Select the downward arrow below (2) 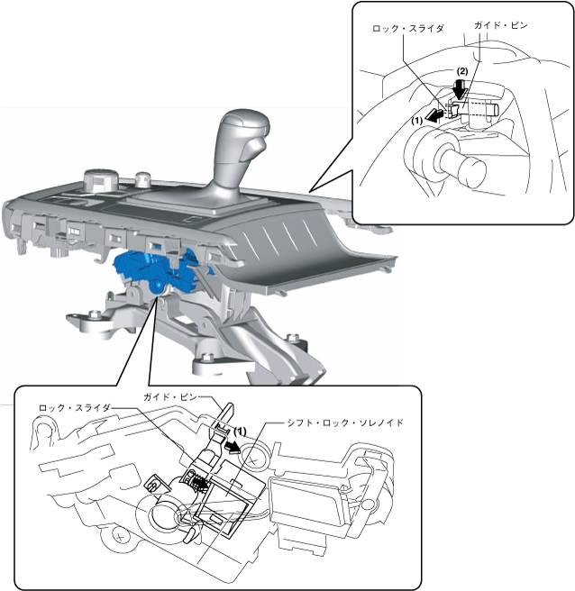pos(460,88)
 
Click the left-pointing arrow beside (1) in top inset pos(436,114)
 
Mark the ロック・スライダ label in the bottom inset pos(75,408)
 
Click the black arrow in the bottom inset pos(234,443)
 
